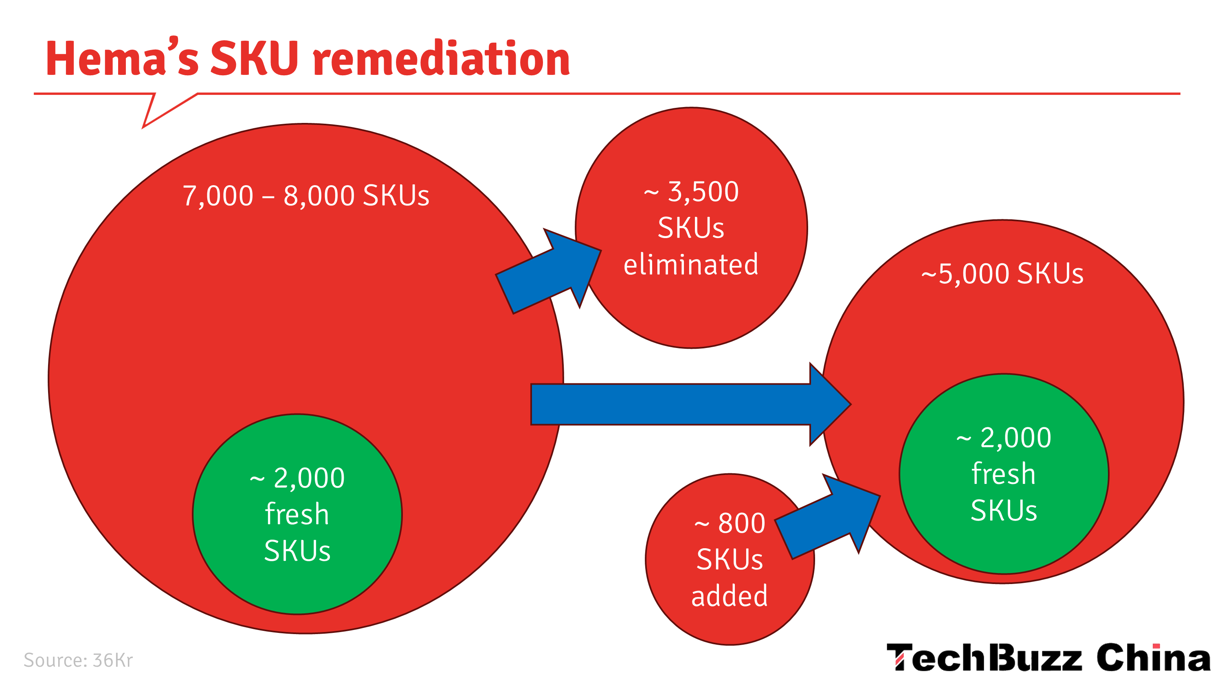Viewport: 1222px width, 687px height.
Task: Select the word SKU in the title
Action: [254, 58]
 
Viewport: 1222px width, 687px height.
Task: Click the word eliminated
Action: [691, 264]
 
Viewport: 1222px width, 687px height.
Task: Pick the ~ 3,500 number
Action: [691, 192]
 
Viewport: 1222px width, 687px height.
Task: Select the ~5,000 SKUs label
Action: [1002, 273]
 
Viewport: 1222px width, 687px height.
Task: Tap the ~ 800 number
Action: [730, 523]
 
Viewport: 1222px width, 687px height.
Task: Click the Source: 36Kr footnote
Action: [78, 660]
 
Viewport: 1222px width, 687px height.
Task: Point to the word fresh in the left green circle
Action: [297, 514]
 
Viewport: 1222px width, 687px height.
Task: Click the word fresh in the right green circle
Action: [1004, 474]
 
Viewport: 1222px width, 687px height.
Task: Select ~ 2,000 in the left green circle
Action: [297, 478]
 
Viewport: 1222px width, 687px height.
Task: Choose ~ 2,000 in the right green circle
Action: [1004, 438]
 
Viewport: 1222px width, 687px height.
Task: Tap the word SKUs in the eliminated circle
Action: [691, 228]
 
